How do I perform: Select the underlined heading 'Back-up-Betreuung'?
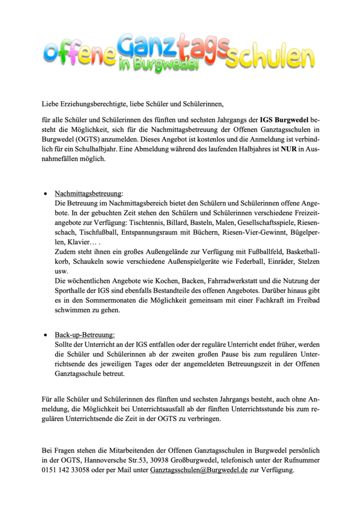pos(85,335)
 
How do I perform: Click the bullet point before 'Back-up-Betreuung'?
pos(46,335)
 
